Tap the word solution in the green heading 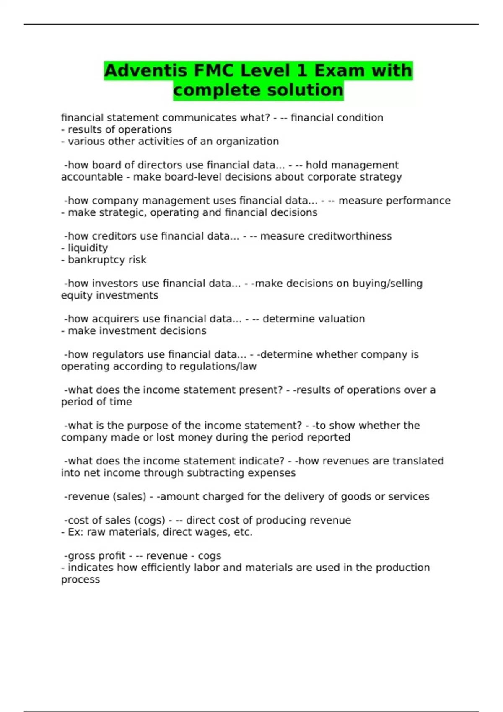pyautogui.click(x=301, y=90)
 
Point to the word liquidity pyautogui.click(x=88, y=248)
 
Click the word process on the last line pyautogui.click(x=80, y=580)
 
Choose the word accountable pyautogui.click(x=92, y=177)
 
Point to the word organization pyautogui.click(x=247, y=142)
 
